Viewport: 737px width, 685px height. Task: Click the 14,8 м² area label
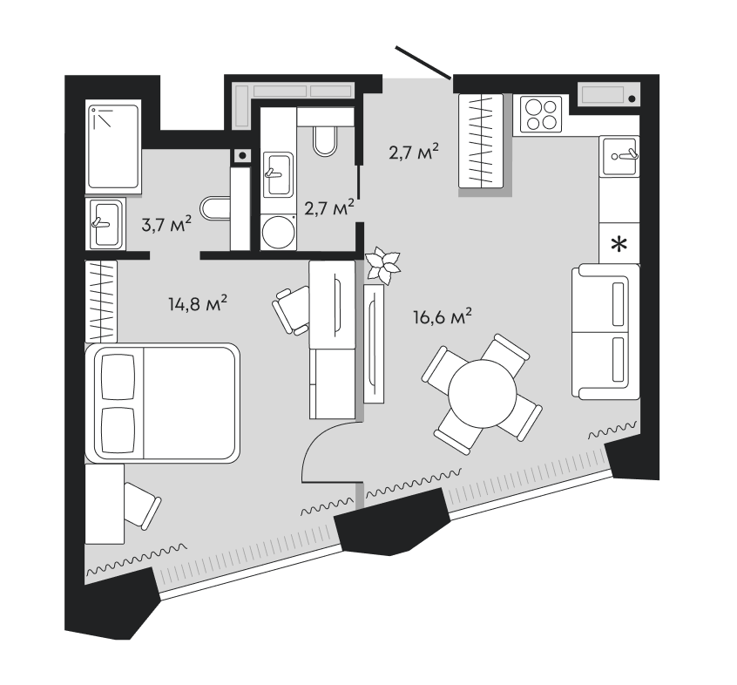click(x=198, y=303)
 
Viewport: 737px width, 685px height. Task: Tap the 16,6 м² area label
click(x=443, y=317)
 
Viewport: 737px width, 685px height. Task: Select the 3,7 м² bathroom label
click(x=166, y=224)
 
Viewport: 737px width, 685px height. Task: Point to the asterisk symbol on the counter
click(x=619, y=244)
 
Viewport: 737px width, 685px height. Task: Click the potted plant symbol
click(x=383, y=266)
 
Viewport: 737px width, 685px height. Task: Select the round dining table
click(x=483, y=393)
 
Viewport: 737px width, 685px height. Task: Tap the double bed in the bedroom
click(x=162, y=403)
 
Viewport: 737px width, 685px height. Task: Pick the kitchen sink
click(x=619, y=156)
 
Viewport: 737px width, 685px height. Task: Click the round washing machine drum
click(x=278, y=232)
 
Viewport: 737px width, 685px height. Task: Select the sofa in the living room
click(x=605, y=332)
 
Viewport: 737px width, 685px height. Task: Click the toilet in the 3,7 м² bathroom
click(x=215, y=207)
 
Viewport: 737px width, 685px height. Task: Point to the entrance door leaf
click(x=423, y=62)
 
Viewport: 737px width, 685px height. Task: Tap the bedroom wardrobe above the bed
click(x=101, y=302)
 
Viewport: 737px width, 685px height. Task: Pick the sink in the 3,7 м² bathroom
click(x=105, y=223)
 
